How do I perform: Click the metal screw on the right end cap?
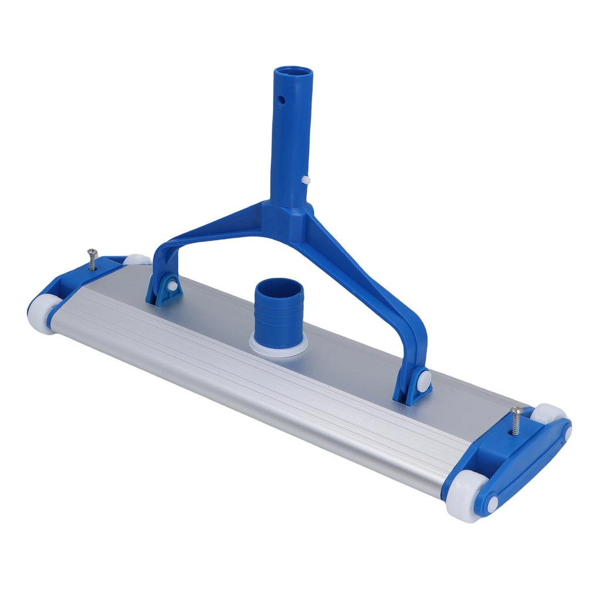pos(517,420)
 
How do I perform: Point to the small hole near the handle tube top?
pos(282,100)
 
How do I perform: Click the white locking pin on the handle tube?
pos(305,179)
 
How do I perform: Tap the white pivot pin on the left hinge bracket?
pos(173,285)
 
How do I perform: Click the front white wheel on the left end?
pos(42,313)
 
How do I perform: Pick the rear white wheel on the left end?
pos(136,260)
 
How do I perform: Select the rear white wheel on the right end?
pos(550,412)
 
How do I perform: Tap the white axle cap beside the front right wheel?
pos(492,502)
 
